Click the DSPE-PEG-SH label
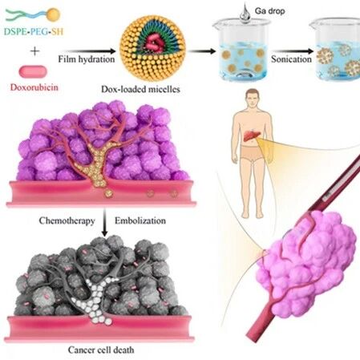pos(34,31)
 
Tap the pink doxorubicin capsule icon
pos(33,71)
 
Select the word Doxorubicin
pos(34,87)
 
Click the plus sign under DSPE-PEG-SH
pos(35,51)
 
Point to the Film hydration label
pos(87,59)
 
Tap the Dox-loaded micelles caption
pos(140,89)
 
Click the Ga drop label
pos(269,11)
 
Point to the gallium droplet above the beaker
pos(245,14)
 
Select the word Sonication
pos(291,59)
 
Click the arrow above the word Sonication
pos(293,51)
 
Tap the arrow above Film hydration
pos(89,51)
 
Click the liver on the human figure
pos(250,135)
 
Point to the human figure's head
pos(253,98)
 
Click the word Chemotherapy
pos(67,221)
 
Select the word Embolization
pos(140,220)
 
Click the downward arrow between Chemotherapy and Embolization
pos(105,222)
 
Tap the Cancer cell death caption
pos(101,350)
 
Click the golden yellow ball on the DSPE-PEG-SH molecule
pos(54,14)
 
